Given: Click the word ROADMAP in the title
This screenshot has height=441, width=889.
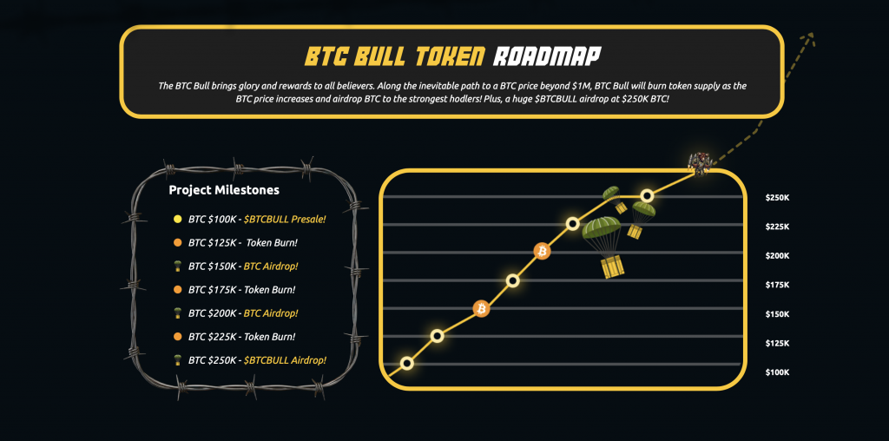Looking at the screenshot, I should click(546, 56).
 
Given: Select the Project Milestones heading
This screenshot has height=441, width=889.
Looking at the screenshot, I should click(224, 190).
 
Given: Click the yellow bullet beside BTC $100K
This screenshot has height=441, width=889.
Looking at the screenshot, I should click(177, 219).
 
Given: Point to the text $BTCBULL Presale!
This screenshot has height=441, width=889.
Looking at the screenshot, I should click(285, 219).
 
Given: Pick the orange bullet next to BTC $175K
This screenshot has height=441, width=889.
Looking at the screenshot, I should click(177, 289).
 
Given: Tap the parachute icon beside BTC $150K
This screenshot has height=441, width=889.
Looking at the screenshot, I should click(177, 266).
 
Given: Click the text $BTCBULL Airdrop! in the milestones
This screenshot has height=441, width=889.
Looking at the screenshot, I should click(285, 359).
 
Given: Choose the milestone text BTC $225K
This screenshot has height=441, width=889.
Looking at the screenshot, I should click(211, 336).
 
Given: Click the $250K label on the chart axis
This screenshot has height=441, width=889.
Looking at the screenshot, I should click(777, 198).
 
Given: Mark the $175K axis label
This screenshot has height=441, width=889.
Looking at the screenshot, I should click(777, 286).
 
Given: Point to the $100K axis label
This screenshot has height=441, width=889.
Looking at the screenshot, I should click(777, 373).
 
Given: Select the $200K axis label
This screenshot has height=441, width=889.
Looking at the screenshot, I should click(777, 256).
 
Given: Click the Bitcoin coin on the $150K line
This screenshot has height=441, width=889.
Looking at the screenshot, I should click(481, 308).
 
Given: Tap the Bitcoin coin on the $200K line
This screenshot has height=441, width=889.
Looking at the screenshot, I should click(542, 251).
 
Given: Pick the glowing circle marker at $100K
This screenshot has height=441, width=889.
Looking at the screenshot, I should click(406, 363).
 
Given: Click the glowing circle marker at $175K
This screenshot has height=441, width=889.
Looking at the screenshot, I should click(512, 280).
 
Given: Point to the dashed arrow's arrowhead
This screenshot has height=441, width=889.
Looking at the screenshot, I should click(810, 36).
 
